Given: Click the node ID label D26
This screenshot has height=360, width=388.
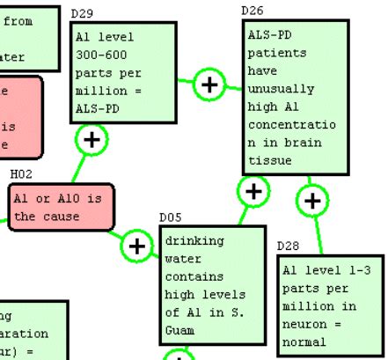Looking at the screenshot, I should click(252, 10).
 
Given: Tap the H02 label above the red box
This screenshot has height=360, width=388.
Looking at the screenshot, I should click(21, 174).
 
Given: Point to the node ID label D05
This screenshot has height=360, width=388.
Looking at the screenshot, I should click(170, 217).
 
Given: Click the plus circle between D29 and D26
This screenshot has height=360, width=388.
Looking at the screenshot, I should click(209, 84).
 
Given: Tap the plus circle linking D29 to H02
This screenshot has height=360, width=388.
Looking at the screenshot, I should click(92, 138).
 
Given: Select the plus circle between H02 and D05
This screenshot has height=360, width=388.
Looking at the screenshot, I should click(136, 246).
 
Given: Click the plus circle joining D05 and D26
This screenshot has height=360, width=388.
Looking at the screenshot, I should click(253, 190).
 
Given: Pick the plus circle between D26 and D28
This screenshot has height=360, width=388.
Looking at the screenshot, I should click(312, 201).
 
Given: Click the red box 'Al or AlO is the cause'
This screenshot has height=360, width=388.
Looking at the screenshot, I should click(61, 207).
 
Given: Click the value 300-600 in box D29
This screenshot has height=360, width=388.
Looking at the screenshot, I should click(99, 55).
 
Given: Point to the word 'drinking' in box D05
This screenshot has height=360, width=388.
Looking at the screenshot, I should click(194, 240).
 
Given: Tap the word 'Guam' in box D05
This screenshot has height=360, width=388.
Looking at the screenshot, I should click(179, 331).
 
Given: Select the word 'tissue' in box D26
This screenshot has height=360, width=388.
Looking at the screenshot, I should click(269, 160).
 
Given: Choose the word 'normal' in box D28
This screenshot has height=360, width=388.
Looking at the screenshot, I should click(304, 342).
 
